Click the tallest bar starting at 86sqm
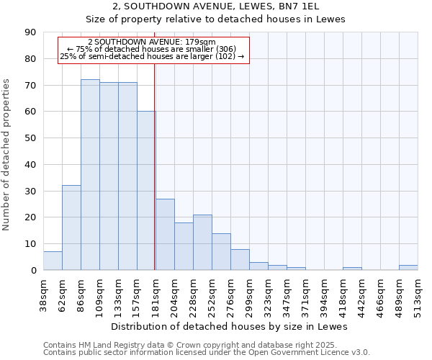pos(90,175)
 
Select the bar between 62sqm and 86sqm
pos(71,228)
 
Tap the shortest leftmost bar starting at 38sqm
pos(53,261)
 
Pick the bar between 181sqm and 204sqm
pos(165,235)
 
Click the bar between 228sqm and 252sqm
pos(202,243)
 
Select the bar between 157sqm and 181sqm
pos(146,191)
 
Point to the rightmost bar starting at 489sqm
pos(408,268)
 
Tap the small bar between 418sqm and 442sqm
pos(352,269)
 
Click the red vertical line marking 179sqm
pos(155,166)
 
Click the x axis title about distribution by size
pos(230,326)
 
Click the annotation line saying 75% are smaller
pos(151,49)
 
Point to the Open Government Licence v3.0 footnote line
pos(207,352)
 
